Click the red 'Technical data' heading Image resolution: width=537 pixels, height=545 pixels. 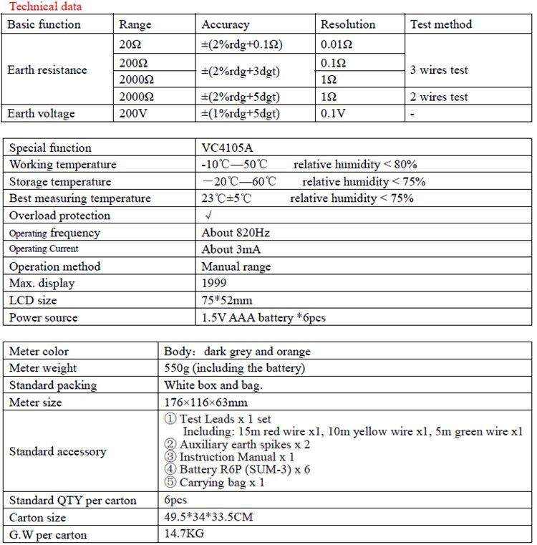[44, 6]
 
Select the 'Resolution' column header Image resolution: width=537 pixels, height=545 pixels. [347, 24]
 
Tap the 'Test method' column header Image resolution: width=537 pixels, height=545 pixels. [441, 24]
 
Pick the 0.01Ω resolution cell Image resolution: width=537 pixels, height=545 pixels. [339, 44]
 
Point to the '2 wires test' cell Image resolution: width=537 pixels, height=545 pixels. [439, 97]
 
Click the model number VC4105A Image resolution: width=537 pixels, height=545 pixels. [230, 148]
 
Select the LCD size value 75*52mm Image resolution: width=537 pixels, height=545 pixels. [227, 301]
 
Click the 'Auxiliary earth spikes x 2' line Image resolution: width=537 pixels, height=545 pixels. [236, 445]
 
